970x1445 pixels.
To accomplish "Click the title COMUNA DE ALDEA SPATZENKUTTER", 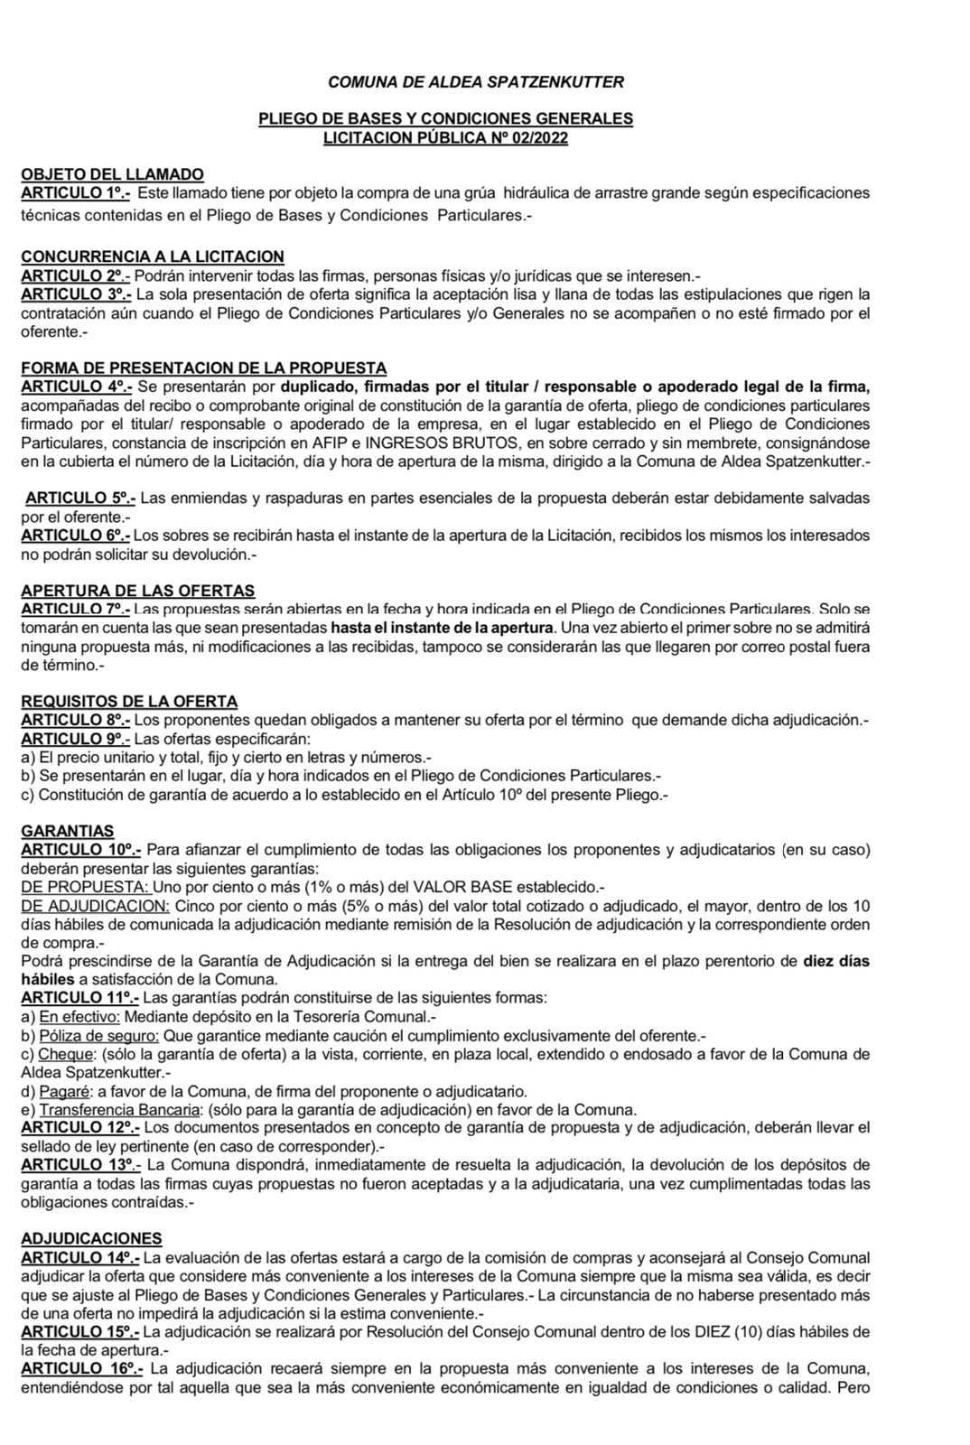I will (476, 82).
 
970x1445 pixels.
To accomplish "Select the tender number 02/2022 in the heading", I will (540, 137).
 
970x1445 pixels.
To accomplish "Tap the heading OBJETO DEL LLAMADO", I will (112, 174).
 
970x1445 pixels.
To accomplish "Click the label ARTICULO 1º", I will (76, 192).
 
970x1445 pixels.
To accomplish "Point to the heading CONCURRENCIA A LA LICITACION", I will (152, 257).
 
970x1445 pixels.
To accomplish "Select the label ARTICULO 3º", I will (76, 294).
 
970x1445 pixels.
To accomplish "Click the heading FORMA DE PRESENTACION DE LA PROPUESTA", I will (203, 368).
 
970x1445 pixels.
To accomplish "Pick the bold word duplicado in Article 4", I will (316, 387).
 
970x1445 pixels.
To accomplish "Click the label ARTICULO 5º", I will (80, 498).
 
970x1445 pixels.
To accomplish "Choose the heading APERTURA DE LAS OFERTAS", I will (137, 591).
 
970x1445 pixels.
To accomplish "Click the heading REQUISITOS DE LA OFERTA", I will (129, 702).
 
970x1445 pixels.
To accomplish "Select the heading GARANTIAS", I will (67, 831).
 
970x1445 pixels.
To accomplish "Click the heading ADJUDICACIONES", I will (91, 1238).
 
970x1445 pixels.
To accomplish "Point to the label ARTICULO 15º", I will (80, 1331).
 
